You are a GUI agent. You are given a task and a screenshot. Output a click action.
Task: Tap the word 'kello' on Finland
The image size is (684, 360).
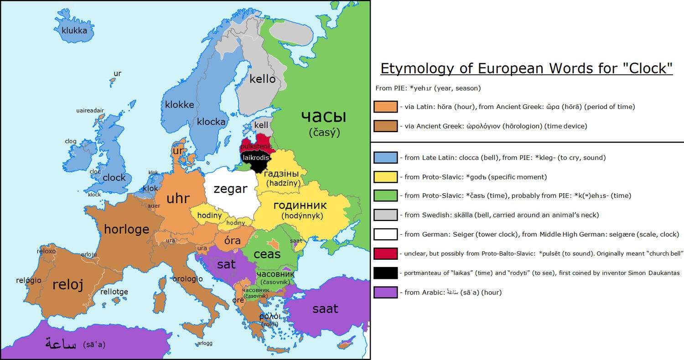pos(262,79)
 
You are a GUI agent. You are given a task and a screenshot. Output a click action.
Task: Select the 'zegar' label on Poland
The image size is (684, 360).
pos(230,189)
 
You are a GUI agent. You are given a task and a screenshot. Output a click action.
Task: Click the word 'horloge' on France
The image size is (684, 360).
pos(127,229)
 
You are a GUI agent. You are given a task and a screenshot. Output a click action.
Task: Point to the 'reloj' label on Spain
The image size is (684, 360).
pos(68,285)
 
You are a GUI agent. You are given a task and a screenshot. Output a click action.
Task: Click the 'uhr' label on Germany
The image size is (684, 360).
pos(178,198)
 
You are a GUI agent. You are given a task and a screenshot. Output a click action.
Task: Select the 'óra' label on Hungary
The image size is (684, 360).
pos(232,240)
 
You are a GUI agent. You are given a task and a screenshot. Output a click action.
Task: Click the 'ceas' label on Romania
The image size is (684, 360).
pos(267,254)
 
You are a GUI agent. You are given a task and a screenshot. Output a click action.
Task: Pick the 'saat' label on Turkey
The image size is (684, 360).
pos(325,309)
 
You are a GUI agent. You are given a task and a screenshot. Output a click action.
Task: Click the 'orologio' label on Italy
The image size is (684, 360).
pos(187,278)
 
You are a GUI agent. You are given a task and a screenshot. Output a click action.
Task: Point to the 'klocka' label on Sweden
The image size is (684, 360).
pos(211,122)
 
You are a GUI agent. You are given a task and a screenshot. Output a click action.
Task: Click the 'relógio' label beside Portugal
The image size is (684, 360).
pos(28,280)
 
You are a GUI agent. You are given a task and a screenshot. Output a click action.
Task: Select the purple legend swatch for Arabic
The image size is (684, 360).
pos(385,292)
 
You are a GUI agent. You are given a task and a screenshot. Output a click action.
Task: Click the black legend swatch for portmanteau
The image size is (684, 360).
pos(385,273)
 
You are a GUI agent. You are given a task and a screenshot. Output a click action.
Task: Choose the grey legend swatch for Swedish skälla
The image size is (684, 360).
pos(385,215)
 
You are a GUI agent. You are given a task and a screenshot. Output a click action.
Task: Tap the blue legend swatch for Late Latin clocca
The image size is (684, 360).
pos(385,158)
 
